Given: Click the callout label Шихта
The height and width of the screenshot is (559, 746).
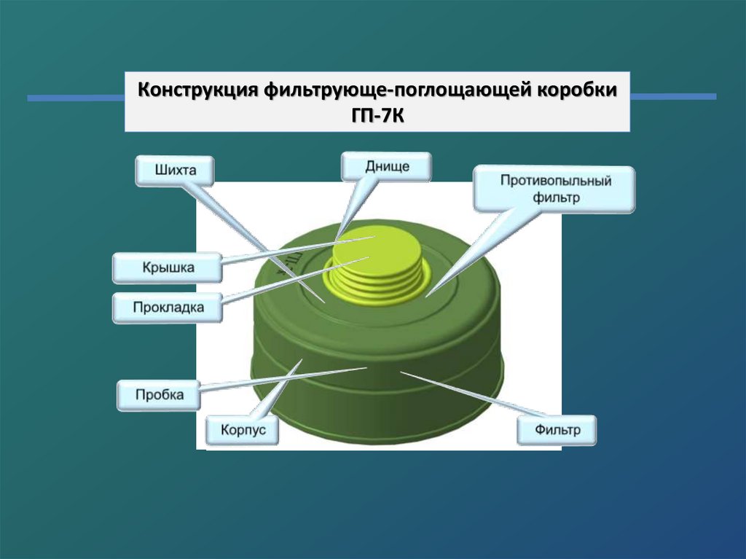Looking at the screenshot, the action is point(176,172).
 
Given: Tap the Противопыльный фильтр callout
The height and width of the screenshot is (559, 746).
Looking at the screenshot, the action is point(555,189).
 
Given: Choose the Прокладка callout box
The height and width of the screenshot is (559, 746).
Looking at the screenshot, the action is point(168,308).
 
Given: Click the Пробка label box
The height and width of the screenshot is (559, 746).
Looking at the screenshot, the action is point(159,395).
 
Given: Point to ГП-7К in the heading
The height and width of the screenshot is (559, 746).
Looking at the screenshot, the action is point(377,114).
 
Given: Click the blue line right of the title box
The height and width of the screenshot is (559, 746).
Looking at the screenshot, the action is point(673,96).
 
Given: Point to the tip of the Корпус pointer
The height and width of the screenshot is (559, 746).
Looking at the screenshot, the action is point(300,360).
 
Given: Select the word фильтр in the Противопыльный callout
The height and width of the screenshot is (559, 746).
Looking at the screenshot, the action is point(555,198).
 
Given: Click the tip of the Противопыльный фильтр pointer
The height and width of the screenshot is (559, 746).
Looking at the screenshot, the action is point(428,295).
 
